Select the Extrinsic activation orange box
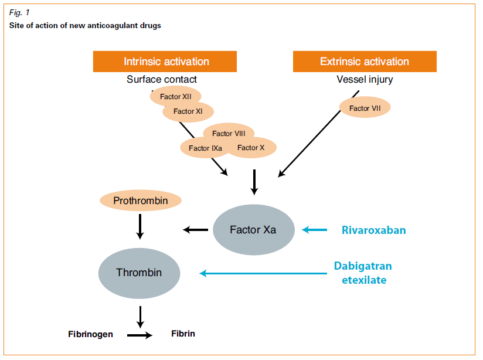pos(365,62)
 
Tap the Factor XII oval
pos(175,97)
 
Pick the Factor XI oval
pos(188,111)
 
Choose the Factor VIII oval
pos(229,133)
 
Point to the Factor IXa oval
pos(203,148)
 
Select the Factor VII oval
pos(365,108)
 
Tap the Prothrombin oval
pos(141,201)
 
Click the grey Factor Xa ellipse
pos(253,230)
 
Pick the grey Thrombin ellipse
pos(139,273)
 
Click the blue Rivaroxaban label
pos(373,230)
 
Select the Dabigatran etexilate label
pos(363,273)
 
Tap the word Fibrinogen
pos(91,335)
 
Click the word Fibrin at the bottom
pos(183,334)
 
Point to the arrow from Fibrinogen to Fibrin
pos(140,335)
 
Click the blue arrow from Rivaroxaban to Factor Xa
pos(315,230)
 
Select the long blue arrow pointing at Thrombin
pos(264,273)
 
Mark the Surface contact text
pos(162,79)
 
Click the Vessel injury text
pos(365,79)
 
